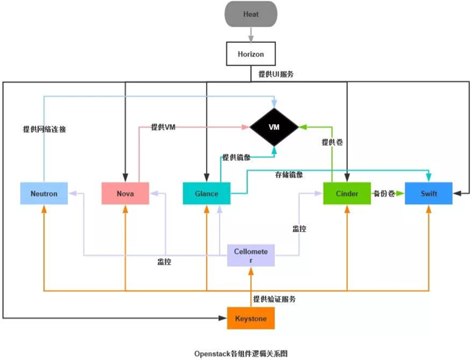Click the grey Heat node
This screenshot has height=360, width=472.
click(251, 14)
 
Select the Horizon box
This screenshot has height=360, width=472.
click(251, 54)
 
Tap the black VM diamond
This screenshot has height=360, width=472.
click(274, 127)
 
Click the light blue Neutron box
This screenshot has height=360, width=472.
click(44, 194)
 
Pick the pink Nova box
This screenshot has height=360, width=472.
click(125, 194)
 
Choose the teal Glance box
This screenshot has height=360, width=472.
click(207, 194)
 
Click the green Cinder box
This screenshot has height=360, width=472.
click(347, 194)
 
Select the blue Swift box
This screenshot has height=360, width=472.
click(428, 194)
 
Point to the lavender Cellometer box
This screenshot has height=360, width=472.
click(251, 256)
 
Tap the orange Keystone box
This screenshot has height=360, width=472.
click(251, 318)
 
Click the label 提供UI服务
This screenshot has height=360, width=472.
click(276, 74)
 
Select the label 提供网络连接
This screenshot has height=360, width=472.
click(44, 129)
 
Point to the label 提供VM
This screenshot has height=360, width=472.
click(163, 127)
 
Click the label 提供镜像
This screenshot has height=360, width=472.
click(236, 157)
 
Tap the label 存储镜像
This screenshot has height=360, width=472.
click(289, 175)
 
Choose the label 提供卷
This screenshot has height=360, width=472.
click(332, 142)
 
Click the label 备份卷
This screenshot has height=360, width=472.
click(384, 194)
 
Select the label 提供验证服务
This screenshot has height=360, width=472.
click(274, 299)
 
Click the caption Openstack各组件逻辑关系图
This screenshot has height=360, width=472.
click(241, 353)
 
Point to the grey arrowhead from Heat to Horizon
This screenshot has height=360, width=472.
click(251, 38)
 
